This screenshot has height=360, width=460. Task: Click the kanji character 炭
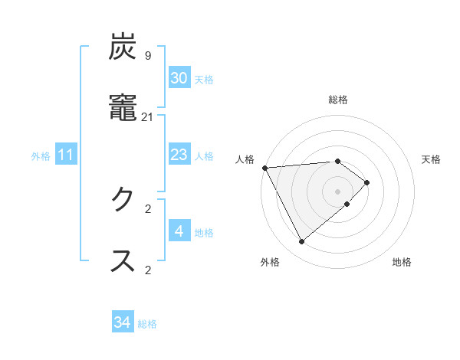click(x=123, y=48)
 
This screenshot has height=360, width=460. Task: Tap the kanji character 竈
click(x=123, y=108)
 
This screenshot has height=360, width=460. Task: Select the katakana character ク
click(x=123, y=201)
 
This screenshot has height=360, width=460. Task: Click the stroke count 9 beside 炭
click(x=147, y=55)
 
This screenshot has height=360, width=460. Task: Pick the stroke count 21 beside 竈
click(x=147, y=116)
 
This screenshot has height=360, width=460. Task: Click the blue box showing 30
click(x=179, y=78)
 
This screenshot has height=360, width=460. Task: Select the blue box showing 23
click(x=179, y=155)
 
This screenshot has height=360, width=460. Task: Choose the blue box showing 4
click(x=179, y=231)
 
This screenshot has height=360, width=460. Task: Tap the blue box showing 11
click(x=66, y=155)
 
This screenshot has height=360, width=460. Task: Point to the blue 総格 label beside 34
click(x=147, y=324)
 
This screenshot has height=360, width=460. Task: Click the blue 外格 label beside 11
click(x=41, y=156)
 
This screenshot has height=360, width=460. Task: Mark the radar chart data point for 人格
click(x=264, y=168)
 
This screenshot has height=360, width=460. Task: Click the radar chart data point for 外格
click(x=301, y=242)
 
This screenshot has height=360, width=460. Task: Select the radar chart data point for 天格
click(x=367, y=182)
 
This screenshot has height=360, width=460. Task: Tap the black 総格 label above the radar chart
click(x=338, y=100)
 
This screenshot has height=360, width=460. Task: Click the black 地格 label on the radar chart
click(x=402, y=262)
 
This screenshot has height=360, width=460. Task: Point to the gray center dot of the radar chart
click(x=338, y=191)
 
